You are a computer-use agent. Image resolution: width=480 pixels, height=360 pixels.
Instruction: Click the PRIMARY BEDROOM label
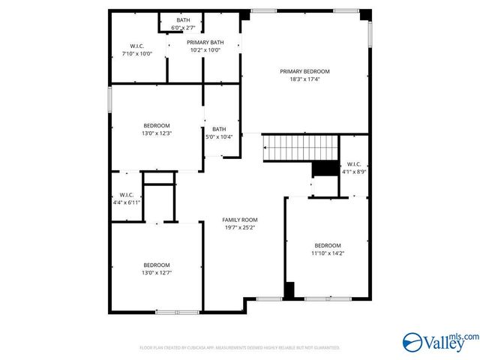(x=304, y=71)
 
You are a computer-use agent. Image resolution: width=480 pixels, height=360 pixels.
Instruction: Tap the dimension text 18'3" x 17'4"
(x=304, y=79)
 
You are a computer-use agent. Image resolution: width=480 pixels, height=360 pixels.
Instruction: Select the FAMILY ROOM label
(x=239, y=220)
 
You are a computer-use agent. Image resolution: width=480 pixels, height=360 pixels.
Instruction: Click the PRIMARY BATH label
(x=205, y=43)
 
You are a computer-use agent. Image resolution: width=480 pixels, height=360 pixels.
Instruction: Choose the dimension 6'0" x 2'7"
(x=183, y=27)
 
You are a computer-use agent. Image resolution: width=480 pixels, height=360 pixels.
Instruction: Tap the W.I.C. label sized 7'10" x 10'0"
(x=137, y=46)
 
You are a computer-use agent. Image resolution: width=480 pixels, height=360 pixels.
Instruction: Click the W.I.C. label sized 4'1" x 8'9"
(x=352, y=164)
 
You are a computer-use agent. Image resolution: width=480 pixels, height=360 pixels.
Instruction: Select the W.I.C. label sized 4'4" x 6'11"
(x=126, y=196)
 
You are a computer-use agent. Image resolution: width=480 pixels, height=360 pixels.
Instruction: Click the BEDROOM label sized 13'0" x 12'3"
(x=157, y=125)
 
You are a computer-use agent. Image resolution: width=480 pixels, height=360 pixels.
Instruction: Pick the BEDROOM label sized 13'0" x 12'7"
(x=157, y=265)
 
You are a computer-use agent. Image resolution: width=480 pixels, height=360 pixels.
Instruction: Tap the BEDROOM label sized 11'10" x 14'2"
(x=327, y=246)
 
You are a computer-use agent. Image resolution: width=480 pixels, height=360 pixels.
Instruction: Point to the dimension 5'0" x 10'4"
(x=220, y=136)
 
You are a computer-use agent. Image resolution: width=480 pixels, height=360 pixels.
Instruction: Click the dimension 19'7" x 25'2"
(x=239, y=227)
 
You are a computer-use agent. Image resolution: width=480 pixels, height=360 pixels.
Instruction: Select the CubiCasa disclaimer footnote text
(x=240, y=348)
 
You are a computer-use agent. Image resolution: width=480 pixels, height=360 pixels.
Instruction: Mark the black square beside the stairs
(x=325, y=169)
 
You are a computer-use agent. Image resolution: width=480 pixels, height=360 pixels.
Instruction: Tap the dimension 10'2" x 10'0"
(x=205, y=50)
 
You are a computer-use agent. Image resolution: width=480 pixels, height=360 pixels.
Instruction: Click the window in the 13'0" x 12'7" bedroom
(x=177, y=311)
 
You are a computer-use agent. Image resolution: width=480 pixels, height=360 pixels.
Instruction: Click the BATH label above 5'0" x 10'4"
(x=220, y=129)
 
